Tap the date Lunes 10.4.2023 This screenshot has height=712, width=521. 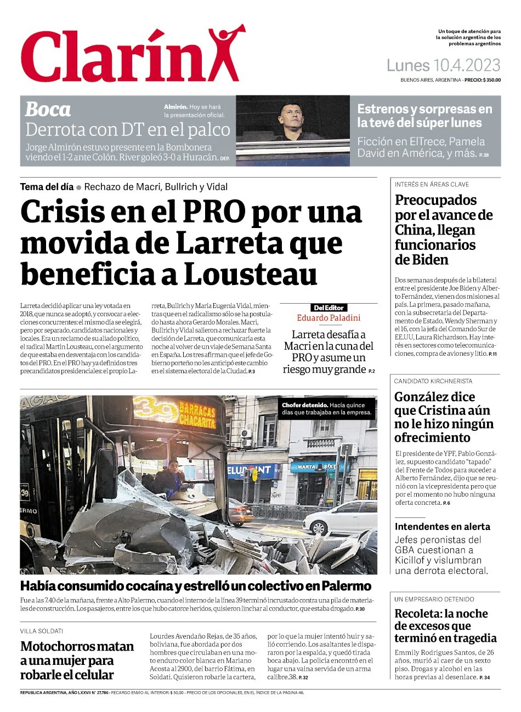click(443, 66)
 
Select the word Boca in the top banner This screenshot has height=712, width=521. click(48, 110)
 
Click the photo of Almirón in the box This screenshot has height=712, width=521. click(292, 130)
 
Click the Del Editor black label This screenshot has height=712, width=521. click(329, 308)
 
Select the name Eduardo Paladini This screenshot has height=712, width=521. click(329, 318)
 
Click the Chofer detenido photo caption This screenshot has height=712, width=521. click(327, 408)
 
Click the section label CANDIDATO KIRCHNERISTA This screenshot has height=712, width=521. click(433, 381)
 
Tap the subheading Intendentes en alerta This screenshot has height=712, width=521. click(442, 527)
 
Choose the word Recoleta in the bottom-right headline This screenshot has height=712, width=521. click(417, 613)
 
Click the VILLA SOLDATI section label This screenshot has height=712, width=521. click(42, 631)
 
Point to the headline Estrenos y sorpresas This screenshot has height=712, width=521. click(425, 116)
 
